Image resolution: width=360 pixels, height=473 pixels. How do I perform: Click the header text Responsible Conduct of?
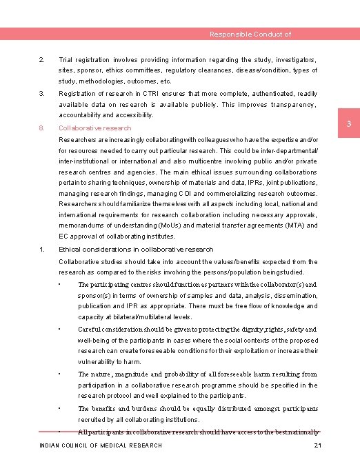(x=250, y=34)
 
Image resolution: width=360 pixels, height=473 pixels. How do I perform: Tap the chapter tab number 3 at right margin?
(x=349, y=123)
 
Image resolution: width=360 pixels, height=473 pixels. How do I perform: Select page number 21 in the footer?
(x=317, y=446)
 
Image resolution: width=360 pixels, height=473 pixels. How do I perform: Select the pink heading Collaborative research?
(x=94, y=128)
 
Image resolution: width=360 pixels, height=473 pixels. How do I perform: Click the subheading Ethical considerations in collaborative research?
(x=136, y=249)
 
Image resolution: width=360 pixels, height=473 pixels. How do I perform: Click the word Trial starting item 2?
(x=68, y=60)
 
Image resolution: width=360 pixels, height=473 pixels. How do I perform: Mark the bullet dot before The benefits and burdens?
(x=61, y=407)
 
